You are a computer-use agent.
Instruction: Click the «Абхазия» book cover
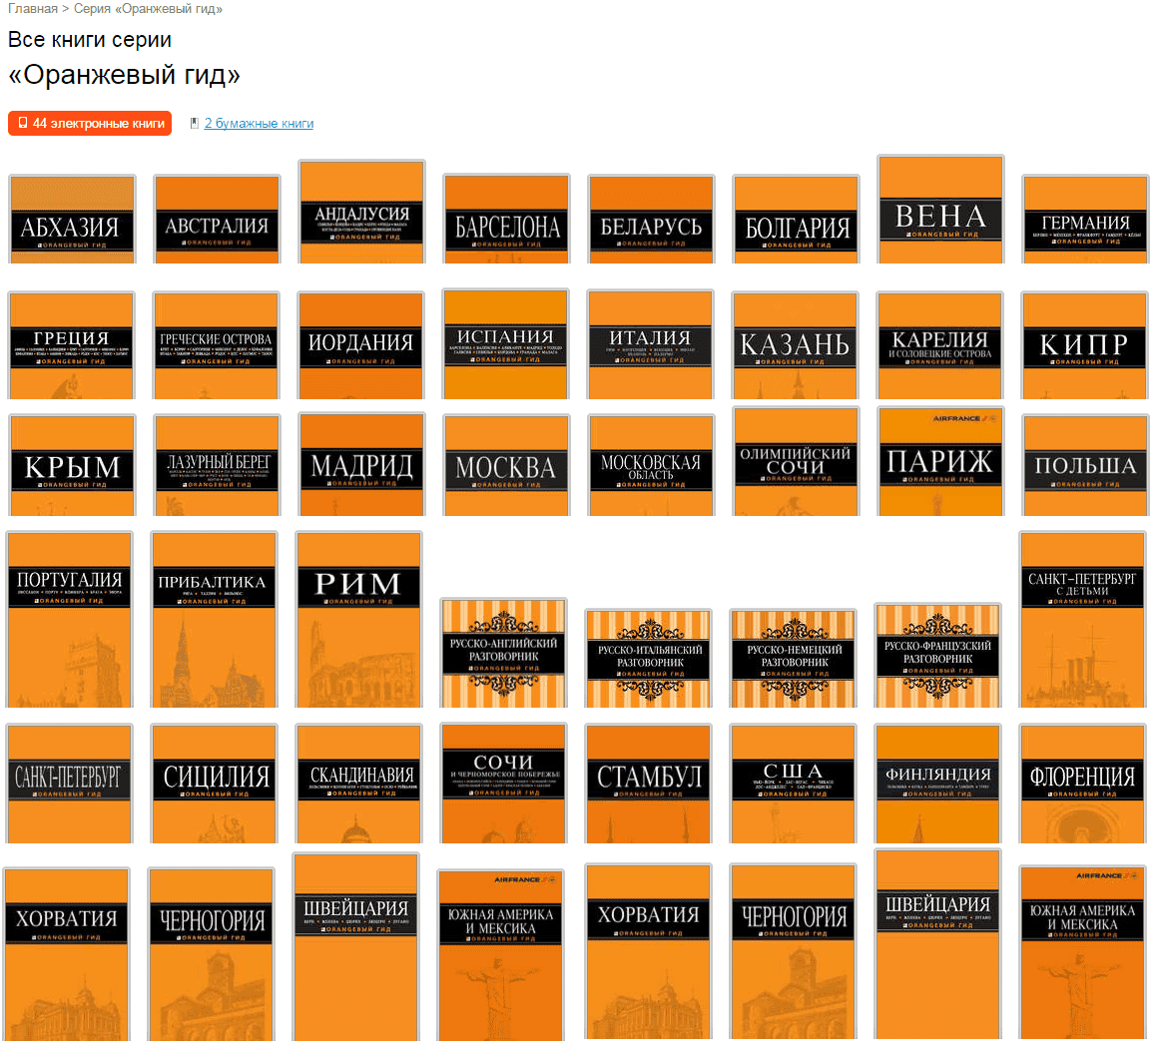70,220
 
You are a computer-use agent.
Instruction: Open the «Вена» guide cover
940,210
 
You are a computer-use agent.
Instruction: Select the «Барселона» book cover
507,220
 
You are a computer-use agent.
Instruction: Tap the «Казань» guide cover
795,345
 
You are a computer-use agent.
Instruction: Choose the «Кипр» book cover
1084,345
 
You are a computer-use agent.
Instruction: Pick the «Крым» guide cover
72,465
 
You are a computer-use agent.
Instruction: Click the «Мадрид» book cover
361,465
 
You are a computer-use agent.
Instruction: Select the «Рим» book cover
358,619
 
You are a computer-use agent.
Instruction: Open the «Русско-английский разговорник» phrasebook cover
503,654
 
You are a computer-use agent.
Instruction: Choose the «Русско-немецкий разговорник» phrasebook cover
794,659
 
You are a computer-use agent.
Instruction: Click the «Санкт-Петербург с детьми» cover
1082,619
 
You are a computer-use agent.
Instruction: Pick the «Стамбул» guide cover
649,784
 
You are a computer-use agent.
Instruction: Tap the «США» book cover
794,784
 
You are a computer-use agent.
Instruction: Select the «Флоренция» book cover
1082,784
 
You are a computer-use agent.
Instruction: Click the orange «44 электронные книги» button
90,124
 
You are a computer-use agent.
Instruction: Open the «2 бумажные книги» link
259,124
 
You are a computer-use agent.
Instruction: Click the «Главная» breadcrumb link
33,9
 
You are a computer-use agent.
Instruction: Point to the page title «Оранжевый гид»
124,76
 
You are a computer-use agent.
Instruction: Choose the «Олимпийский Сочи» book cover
795,461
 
